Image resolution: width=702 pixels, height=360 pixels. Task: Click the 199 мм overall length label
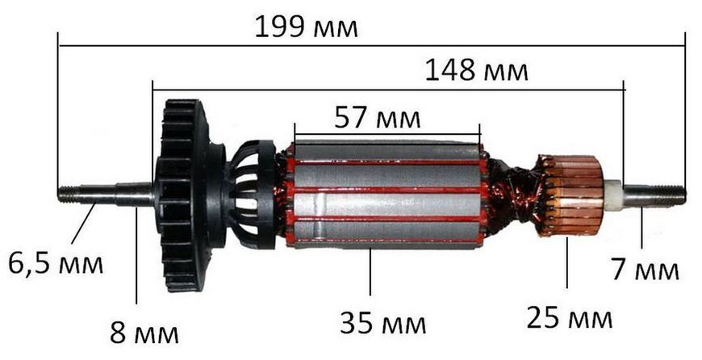click(x=307, y=27)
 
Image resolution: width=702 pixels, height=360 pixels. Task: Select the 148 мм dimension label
click(x=476, y=71)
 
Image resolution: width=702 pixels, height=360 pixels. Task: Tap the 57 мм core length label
click(x=378, y=119)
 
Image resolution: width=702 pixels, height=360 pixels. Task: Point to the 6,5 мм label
click(x=56, y=264)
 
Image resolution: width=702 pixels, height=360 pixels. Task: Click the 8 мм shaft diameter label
click(x=144, y=333)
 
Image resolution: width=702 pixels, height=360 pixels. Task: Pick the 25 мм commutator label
click(x=570, y=318)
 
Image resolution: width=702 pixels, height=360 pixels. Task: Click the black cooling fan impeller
click(x=182, y=195)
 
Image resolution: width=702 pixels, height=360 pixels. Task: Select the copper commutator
click(x=570, y=195)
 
